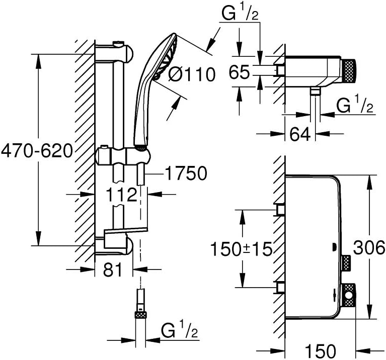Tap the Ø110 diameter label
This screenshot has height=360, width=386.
point(191,74)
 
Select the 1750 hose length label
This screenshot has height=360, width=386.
point(186,173)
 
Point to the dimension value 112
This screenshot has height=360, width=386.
point(122,194)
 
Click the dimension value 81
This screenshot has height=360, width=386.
point(113,270)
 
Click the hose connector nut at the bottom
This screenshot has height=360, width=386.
point(140,315)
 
